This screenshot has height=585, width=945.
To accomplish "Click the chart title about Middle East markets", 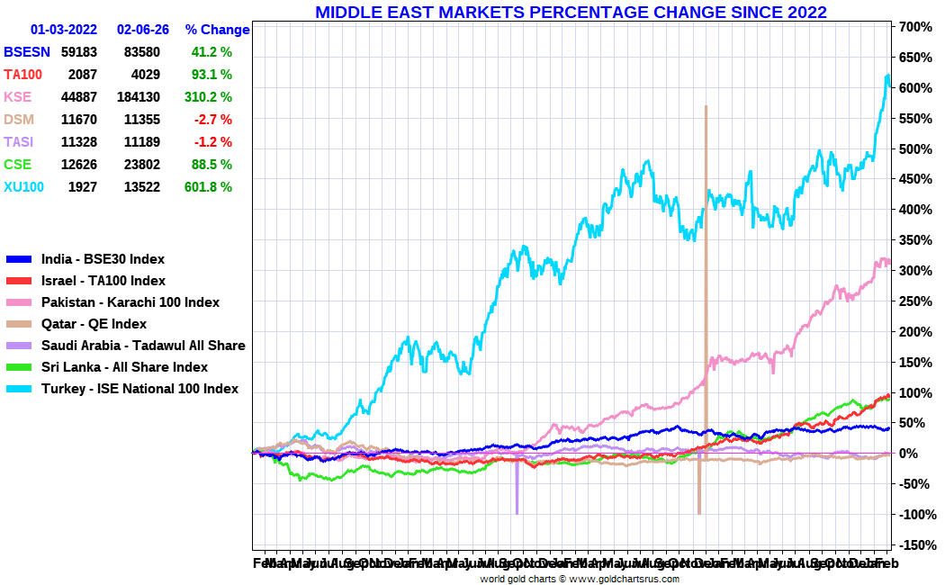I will coord(571,12).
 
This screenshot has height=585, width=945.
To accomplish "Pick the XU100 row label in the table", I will coord(22,186).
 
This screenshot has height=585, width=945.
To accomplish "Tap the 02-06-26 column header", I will coord(143,30).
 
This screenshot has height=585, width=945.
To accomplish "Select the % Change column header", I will coord(217,30).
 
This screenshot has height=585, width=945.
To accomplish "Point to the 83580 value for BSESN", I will coord(141,52).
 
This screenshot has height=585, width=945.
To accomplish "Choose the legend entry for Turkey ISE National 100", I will coord(140,389).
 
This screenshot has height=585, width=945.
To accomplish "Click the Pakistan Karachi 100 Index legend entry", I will coord(130,302).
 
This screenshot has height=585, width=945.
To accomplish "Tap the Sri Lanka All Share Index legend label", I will coord(124,367).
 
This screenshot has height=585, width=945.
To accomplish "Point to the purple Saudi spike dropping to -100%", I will coord(517,495).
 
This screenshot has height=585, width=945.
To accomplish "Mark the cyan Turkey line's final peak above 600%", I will coord(887,76).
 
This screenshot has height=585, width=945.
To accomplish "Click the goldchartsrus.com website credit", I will coord(579,579).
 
